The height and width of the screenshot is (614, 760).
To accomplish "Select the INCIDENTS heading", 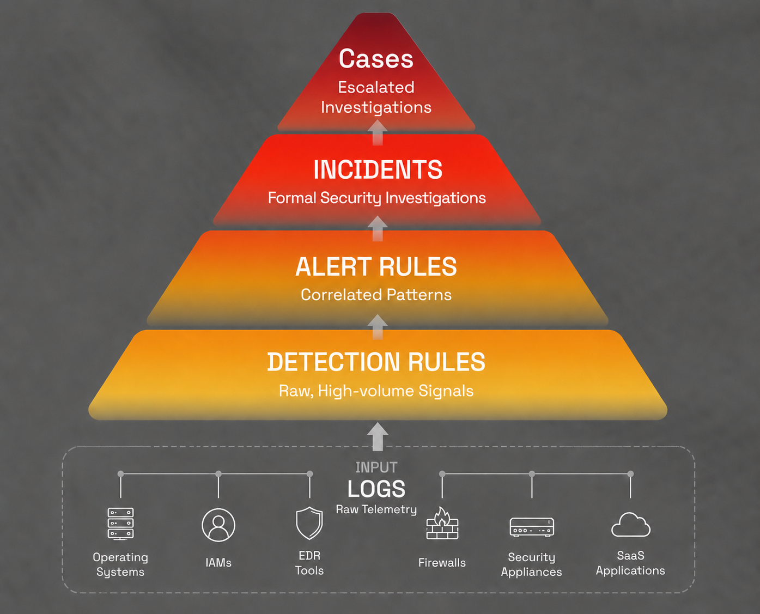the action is coord(378,169).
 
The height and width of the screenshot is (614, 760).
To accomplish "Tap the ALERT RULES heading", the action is coord(376,266).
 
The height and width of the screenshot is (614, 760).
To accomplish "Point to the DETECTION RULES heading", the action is coord(376,362).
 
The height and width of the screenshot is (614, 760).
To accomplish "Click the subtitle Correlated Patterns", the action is coord(376,295).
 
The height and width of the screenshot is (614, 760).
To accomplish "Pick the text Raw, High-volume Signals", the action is coord(376,391).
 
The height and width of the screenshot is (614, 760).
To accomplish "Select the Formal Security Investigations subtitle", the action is coord(377,198).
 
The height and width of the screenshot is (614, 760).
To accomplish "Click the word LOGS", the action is coord(376,489).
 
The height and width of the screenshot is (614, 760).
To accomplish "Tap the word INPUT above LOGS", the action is coord(376,467).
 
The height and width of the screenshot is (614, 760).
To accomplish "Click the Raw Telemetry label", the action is coord(376,509).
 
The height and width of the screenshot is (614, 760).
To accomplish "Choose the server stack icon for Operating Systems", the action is coord(120,524).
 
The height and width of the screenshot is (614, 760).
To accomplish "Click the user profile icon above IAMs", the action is coord(218,525).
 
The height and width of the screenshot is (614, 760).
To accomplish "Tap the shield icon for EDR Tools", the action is coord(309,523).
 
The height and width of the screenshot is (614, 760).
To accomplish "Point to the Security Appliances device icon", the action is coord(532,527).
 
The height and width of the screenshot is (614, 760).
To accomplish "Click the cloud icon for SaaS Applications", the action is coord(630,525).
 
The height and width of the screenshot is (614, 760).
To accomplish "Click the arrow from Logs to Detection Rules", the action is coord(378,437).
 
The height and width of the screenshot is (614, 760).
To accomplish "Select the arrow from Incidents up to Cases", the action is coord(378,132).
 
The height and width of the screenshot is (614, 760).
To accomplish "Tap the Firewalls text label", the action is coord(442,563).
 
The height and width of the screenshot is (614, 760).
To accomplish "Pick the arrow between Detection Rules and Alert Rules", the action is coord(378,327).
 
